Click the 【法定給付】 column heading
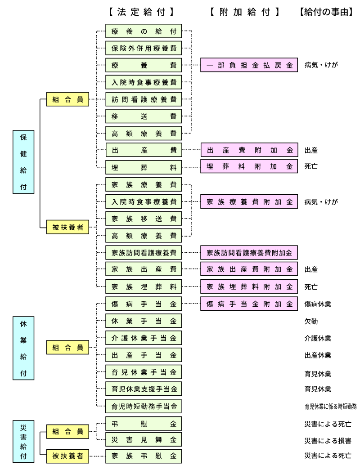tap(141, 13)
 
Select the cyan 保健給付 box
tap(23, 162)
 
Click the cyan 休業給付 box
tap(23, 348)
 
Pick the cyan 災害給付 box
tap(23, 440)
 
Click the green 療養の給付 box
tap(144, 31)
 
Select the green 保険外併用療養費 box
tap(144, 48)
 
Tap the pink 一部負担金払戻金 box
tap(249, 65)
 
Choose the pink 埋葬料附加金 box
tap(249, 166)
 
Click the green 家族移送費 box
tap(144, 219)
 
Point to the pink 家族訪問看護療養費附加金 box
tap(249, 253)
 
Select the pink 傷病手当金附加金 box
tap(249, 304)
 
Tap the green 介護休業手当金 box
tap(144, 338)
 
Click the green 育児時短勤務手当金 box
tap(144, 406)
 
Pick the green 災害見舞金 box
tap(144, 439)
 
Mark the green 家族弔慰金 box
tap(144, 456)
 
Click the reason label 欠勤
tap(311, 322)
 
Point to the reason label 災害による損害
tap(328, 441)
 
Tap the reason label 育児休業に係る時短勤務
tap(330, 407)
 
